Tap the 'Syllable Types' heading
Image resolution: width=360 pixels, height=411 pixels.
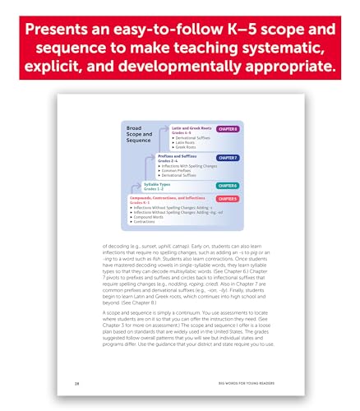(x=150, y=185)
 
